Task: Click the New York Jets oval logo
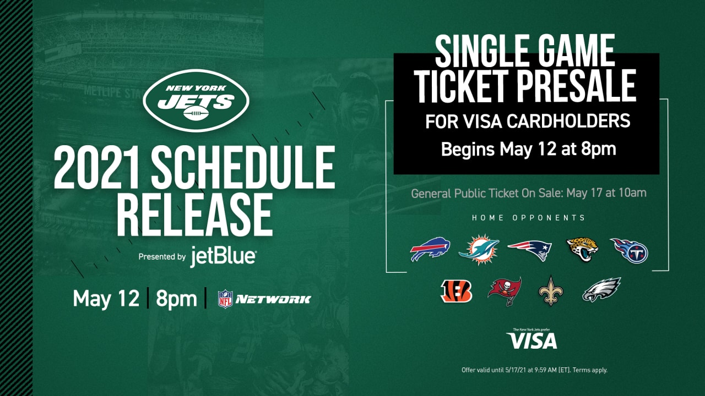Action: [196, 100]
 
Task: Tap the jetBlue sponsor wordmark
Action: [223, 257]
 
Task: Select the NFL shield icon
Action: [225, 299]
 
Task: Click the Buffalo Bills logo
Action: [430, 249]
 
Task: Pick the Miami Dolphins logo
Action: [479, 250]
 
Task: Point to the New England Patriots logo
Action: [530, 250]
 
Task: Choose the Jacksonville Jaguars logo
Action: [582, 249]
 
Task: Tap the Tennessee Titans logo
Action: [630, 250]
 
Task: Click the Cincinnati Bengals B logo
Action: [457, 291]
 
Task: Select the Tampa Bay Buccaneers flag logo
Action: [505, 291]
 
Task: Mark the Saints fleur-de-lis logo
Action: [551, 291]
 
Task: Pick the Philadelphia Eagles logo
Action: [601, 290]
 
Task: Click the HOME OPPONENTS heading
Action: [528, 218]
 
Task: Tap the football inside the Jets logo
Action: [196, 113]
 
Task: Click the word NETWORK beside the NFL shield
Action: [273, 299]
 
